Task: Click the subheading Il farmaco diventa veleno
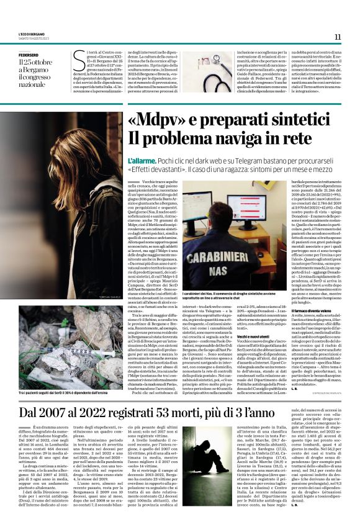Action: [310, 309]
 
